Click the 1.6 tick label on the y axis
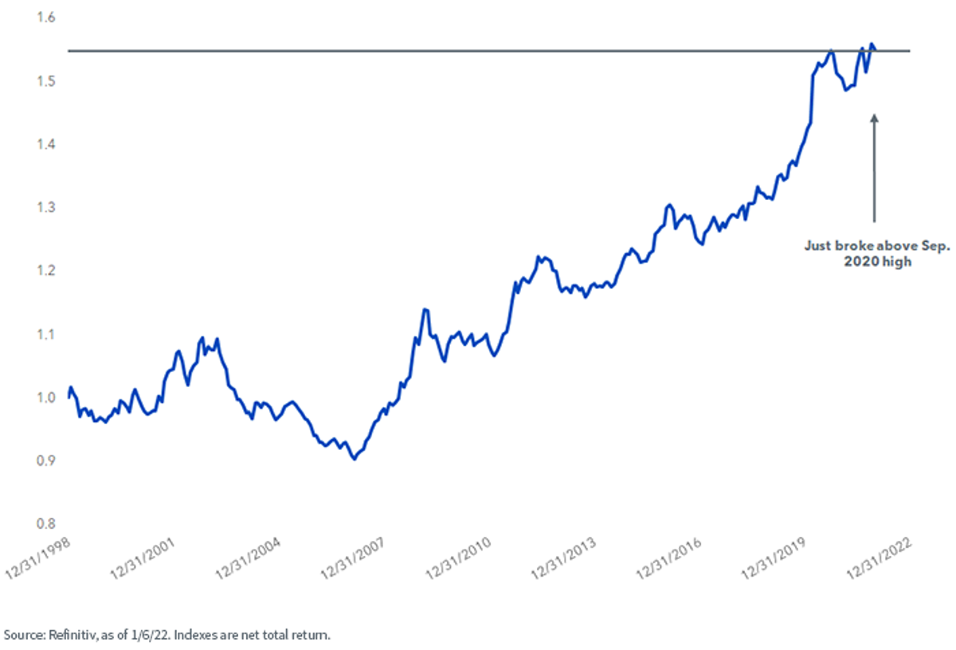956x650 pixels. pyautogui.click(x=46, y=17)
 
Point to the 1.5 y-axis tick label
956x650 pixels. pyautogui.click(x=46, y=80)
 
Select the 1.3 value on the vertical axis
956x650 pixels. pyautogui.click(x=46, y=207)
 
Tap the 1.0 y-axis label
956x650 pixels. pyautogui.click(x=46, y=397)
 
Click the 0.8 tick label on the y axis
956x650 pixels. pyautogui.click(x=46, y=523)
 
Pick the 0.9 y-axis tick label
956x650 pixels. pyautogui.click(x=46, y=460)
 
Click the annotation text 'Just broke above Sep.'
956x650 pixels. pyautogui.click(x=877, y=246)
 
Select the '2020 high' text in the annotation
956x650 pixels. pyautogui.click(x=877, y=261)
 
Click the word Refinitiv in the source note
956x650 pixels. pyautogui.click(x=73, y=635)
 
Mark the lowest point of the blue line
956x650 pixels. pyautogui.click(x=355, y=460)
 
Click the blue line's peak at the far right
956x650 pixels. pyautogui.click(x=872, y=44)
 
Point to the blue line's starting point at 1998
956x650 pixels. pyautogui.click(x=69, y=397)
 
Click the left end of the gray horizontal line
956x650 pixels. pyautogui.click(x=69, y=51)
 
